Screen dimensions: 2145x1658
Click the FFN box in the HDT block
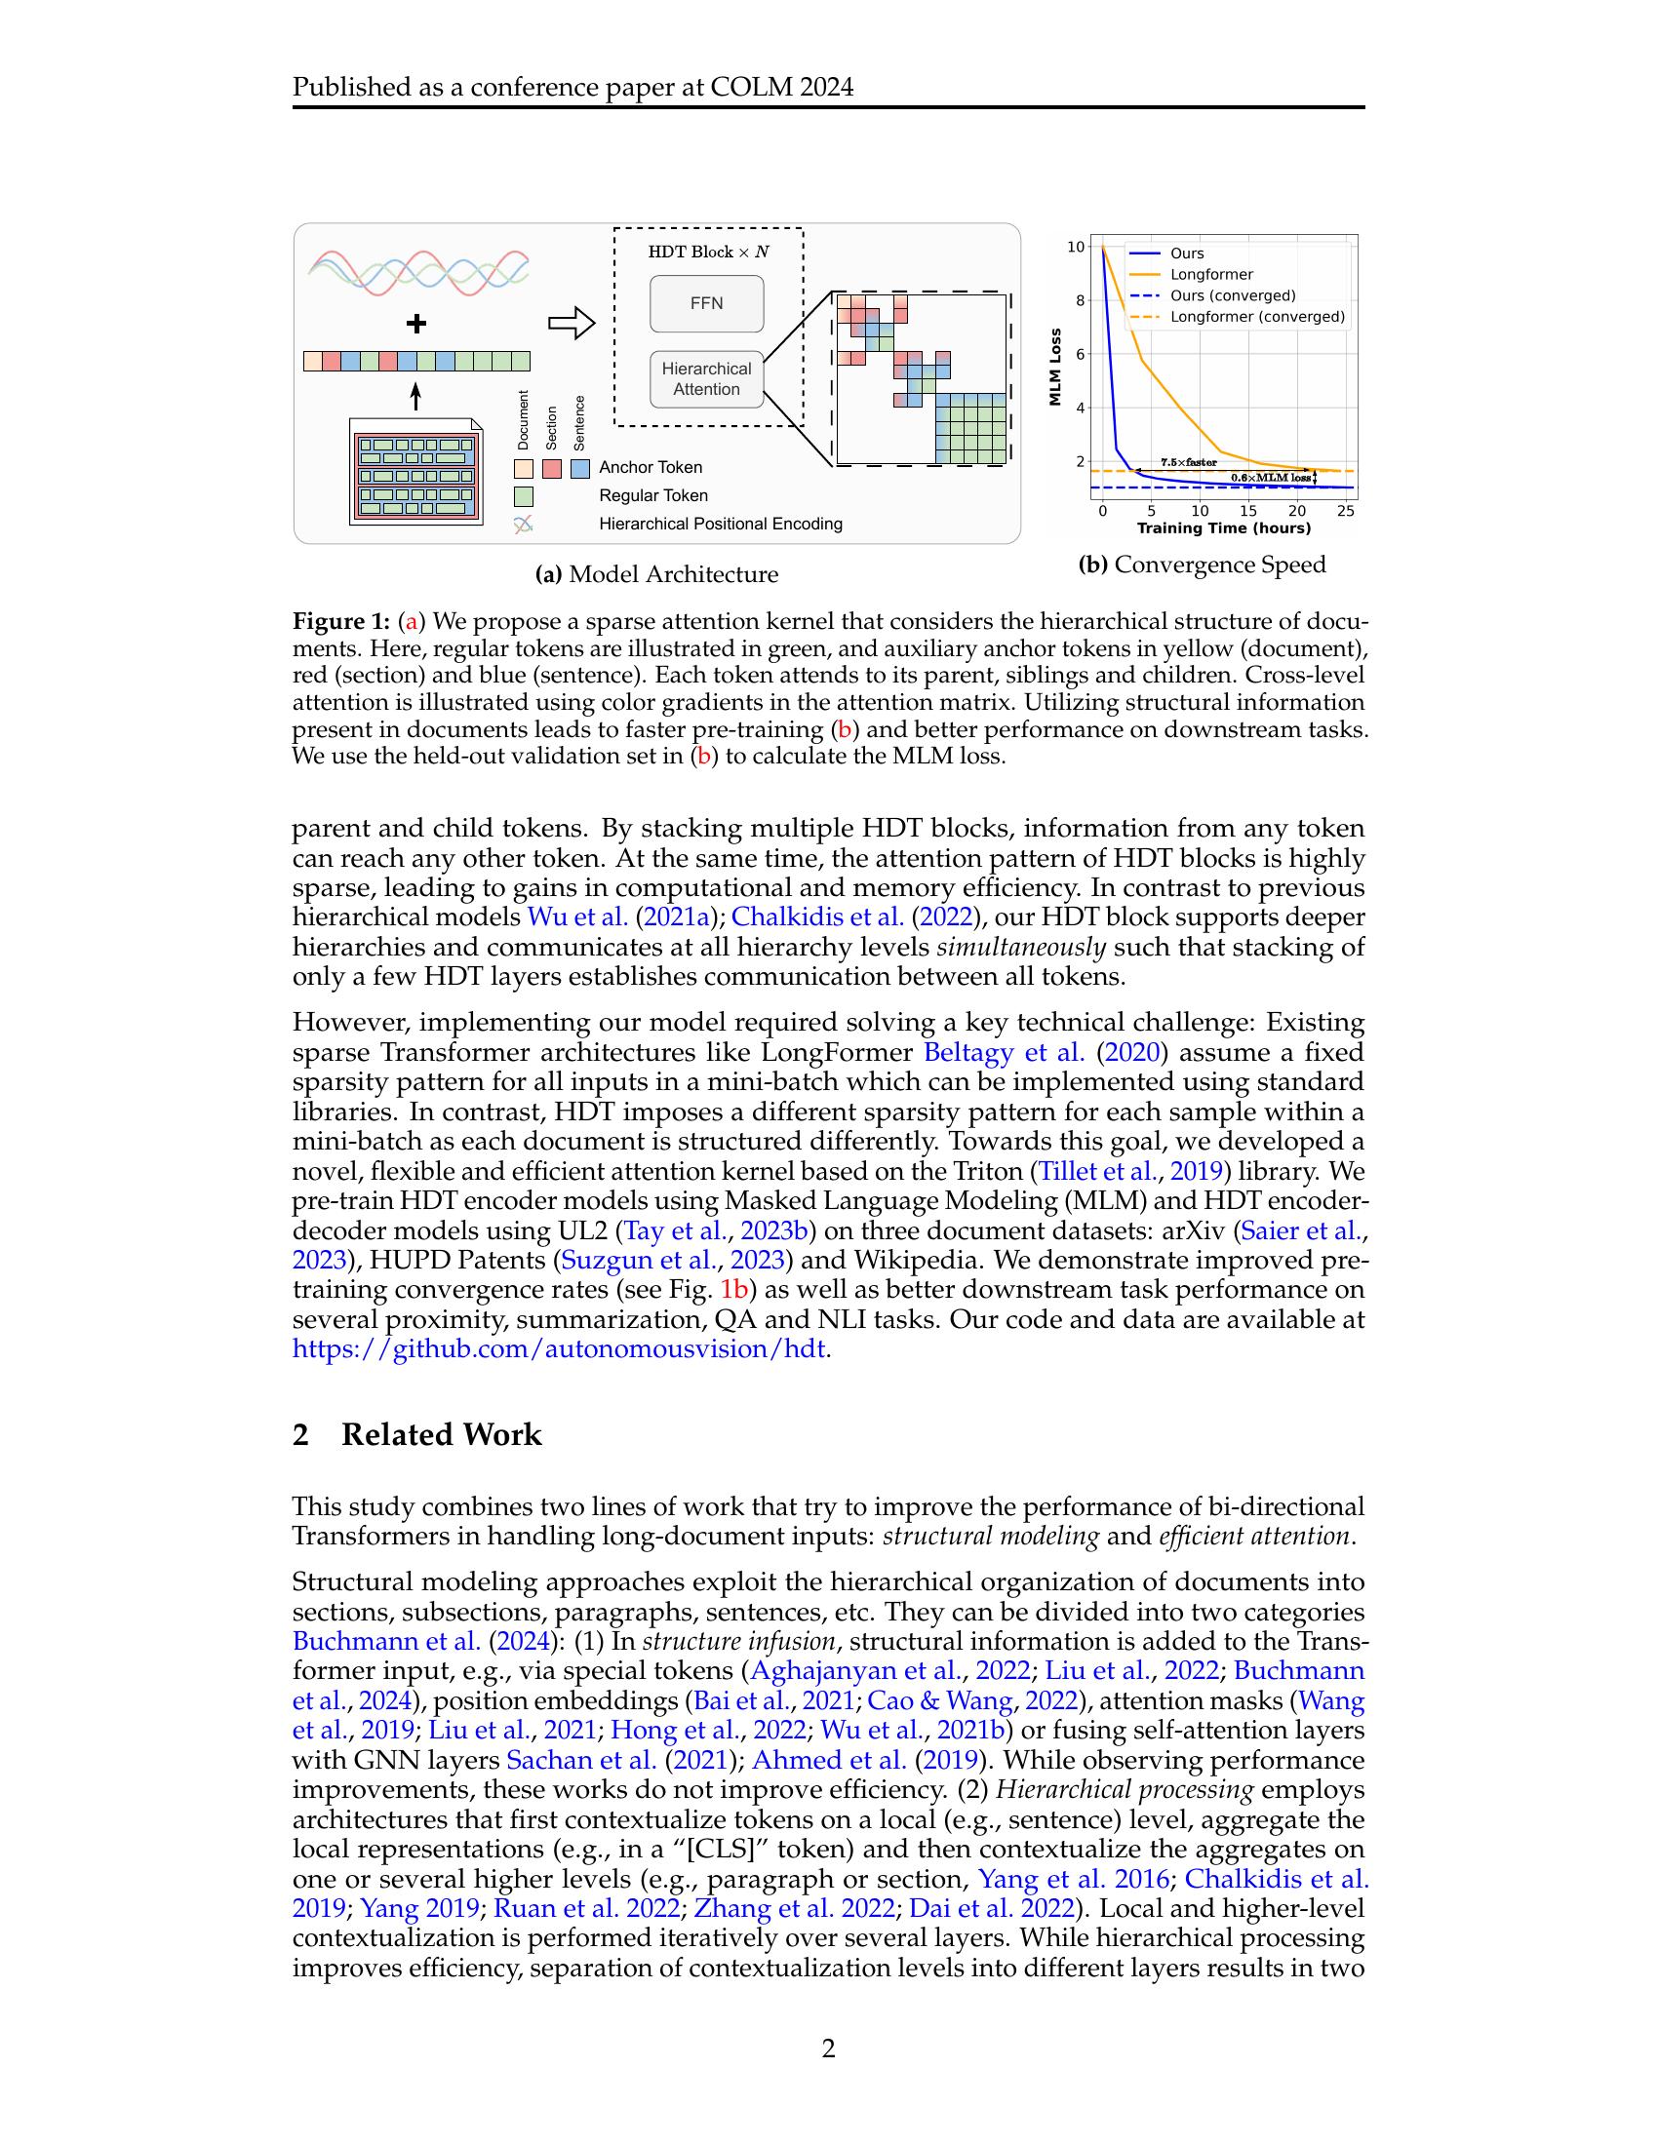click(x=706, y=303)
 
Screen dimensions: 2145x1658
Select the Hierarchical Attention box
click(x=706, y=379)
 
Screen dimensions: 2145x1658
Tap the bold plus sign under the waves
click(x=416, y=323)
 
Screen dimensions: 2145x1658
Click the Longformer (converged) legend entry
click(x=1256, y=317)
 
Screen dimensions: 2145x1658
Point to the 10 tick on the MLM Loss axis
click(x=1077, y=247)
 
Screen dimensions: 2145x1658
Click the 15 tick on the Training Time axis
click(x=1247, y=512)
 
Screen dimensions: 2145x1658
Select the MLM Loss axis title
click(x=1056, y=367)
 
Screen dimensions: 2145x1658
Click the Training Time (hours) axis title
click(x=1223, y=528)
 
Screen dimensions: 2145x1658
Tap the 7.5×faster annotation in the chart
click(x=1189, y=461)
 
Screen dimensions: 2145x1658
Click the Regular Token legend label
click(x=653, y=496)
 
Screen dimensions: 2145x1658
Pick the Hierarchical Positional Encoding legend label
click(x=720, y=525)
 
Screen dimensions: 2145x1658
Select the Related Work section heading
click(x=441, y=1435)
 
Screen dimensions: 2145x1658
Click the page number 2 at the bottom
click(x=828, y=2048)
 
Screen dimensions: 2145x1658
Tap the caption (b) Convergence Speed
click(x=1203, y=565)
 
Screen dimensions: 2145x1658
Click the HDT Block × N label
click(x=708, y=253)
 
